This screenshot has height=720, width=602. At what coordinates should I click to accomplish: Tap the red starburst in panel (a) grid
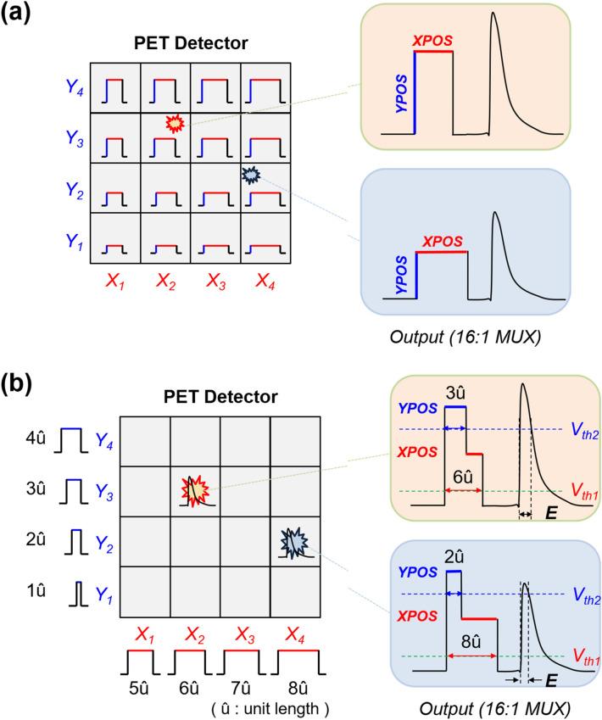point(175,124)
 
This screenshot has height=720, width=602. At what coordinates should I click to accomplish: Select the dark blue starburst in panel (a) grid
point(250,175)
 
